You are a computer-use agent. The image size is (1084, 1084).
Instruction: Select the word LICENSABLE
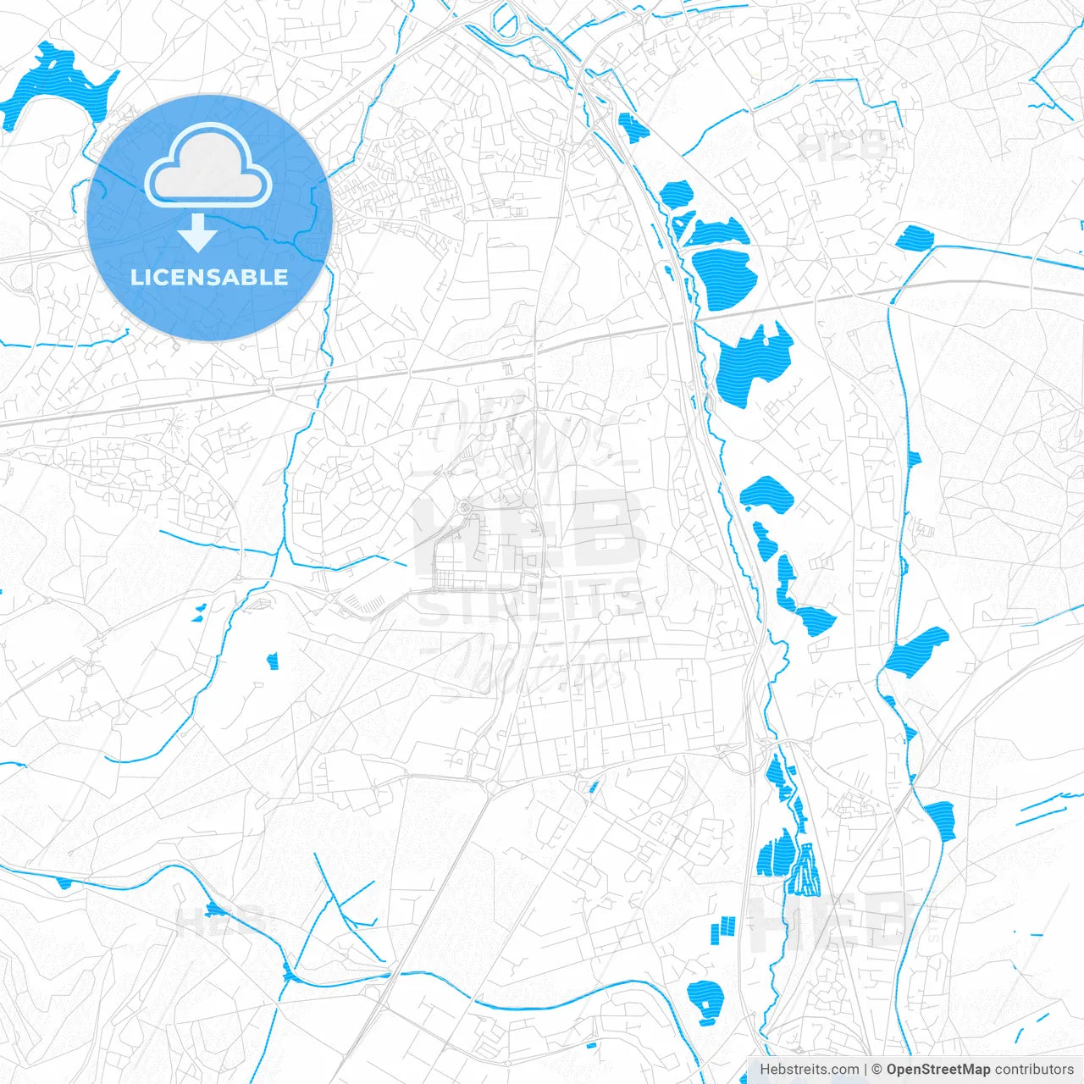(209, 277)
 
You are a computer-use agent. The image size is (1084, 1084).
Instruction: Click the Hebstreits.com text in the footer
(810, 1070)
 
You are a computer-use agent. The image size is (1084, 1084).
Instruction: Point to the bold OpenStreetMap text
(937, 1070)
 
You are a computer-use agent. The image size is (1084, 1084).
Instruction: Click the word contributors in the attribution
(1033, 1070)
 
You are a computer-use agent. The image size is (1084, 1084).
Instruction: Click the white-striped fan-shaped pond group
(805, 872)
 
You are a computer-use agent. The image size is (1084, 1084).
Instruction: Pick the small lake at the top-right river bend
(914, 236)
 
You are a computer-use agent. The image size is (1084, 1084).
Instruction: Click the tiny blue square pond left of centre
(273, 661)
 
